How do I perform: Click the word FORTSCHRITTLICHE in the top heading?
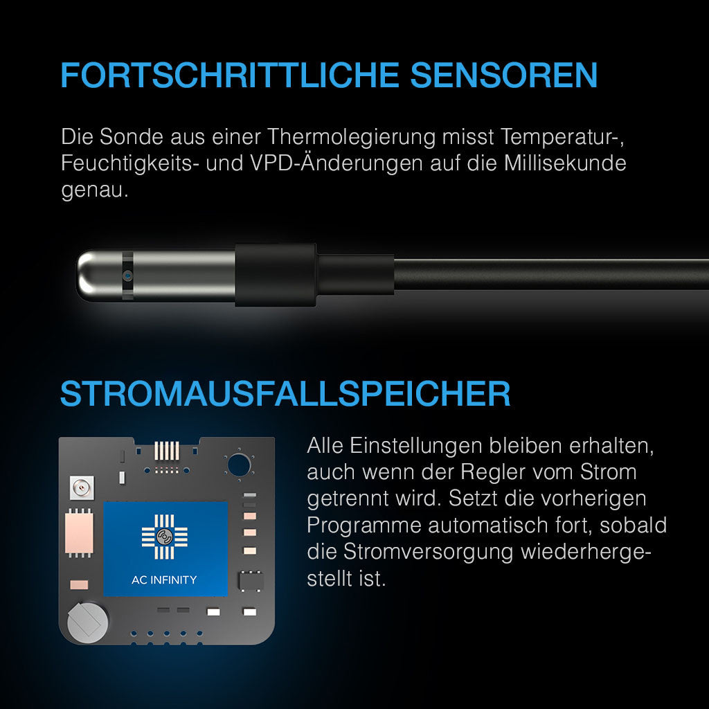[x=230, y=75]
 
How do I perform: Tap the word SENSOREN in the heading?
[x=504, y=75]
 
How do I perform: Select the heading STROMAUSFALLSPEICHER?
[x=285, y=393]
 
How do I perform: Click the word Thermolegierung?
[x=351, y=136]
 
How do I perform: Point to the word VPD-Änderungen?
[x=336, y=163]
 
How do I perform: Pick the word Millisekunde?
[x=565, y=163]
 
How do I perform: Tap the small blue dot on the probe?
[x=128, y=275]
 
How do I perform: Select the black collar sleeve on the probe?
[x=276, y=275]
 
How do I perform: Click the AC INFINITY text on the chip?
[x=164, y=580]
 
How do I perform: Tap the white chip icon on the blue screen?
[x=165, y=537]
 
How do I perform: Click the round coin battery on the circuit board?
[x=88, y=622]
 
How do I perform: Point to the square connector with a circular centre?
[x=82, y=488]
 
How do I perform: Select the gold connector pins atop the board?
[x=167, y=450]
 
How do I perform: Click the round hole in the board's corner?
[x=239, y=465]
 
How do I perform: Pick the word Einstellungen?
[x=416, y=446]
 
